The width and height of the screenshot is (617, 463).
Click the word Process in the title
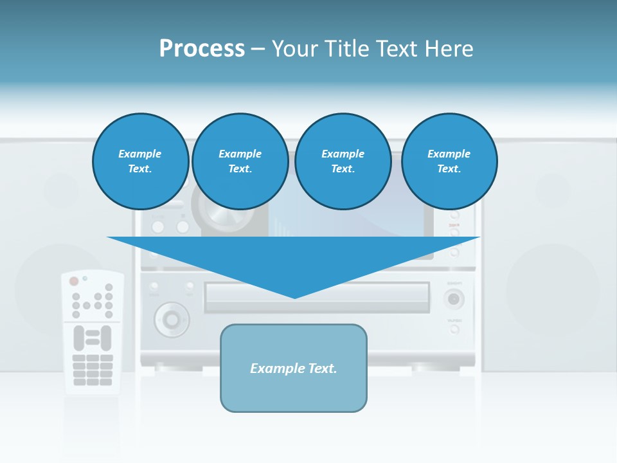pos(202,49)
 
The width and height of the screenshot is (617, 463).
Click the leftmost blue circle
pos(140,161)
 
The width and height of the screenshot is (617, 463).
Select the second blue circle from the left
pos(240,161)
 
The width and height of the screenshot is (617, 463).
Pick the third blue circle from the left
pos(343,161)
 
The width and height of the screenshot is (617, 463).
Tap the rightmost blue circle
pos(449,161)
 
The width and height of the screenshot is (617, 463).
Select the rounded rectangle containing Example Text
pos(294,368)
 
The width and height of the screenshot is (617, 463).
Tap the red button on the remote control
pos(74,281)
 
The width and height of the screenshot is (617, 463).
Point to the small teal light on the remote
pos(85,278)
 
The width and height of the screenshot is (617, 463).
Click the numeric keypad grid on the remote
pos(93,369)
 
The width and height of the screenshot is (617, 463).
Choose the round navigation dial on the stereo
pos(171,318)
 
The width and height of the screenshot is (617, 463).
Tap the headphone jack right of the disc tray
pos(454,299)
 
